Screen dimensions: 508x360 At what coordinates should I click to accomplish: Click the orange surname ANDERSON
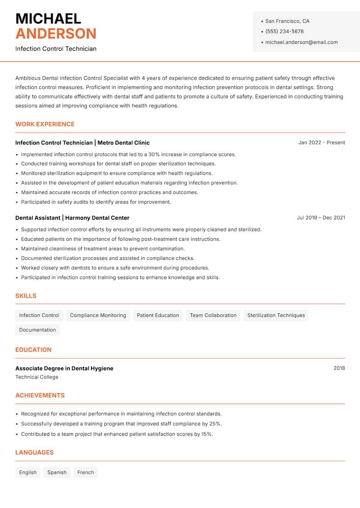pos(56,34)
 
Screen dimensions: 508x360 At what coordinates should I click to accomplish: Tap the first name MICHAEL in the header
pos(48,19)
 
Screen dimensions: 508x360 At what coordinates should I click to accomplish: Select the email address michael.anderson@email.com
pos(301,42)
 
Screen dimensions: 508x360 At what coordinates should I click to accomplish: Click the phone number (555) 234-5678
pos(284,31)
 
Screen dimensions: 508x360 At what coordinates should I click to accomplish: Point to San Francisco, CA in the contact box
pos(287,21)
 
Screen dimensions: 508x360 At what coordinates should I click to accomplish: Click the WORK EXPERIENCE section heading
pos(45,124)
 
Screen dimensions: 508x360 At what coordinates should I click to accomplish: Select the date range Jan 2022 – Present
pos(321,143)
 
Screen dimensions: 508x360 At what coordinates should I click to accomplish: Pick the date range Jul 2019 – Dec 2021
pos(320,218)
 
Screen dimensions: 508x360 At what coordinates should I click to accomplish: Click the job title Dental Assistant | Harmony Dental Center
pos(72,218)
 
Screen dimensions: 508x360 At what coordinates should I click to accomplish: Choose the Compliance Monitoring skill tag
pos(98,316)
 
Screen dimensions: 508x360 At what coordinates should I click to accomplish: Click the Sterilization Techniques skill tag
pos(276,316)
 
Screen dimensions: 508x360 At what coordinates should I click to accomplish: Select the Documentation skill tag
pos(37,330)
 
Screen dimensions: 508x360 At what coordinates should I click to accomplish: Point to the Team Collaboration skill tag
pos(213,316)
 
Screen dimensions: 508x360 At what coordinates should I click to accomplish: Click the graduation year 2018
pos(339,368)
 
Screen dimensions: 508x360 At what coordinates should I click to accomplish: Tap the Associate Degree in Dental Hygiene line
pos(64,368)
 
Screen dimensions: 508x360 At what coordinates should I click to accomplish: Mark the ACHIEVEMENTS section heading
pos(40,396)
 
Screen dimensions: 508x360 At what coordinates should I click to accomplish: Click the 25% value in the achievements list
pos(215,423)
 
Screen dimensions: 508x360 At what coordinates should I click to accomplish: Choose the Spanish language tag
pos(57,472)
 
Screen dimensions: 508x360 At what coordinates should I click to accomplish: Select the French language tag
pos(85,472)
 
